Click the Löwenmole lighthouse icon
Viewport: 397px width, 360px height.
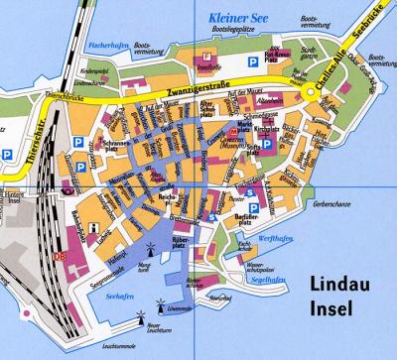point(164,308)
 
